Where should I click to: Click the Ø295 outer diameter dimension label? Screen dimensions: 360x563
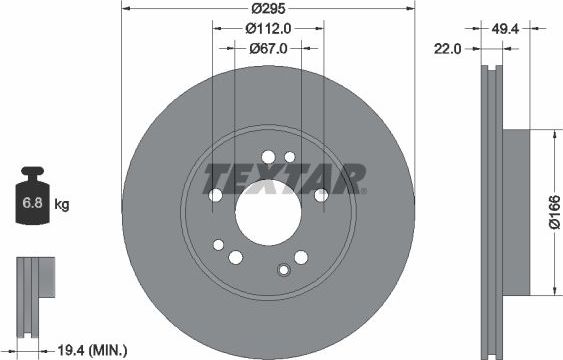[267, 7]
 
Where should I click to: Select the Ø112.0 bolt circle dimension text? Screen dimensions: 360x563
[267, 28]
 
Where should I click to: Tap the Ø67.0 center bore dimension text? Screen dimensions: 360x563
[267, 48]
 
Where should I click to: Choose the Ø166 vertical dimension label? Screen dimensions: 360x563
[551, 212]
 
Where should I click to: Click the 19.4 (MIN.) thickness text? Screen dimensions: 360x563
[91, 349]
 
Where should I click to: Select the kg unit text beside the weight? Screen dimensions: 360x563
[61, 205]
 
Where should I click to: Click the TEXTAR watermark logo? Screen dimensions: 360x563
[284, 180]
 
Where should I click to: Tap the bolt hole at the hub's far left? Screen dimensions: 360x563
[217, 243]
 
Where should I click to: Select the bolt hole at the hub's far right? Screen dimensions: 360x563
[320, 197]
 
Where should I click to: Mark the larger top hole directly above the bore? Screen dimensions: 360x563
[267, 155]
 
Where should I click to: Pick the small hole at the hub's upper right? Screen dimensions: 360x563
[290, 157]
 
